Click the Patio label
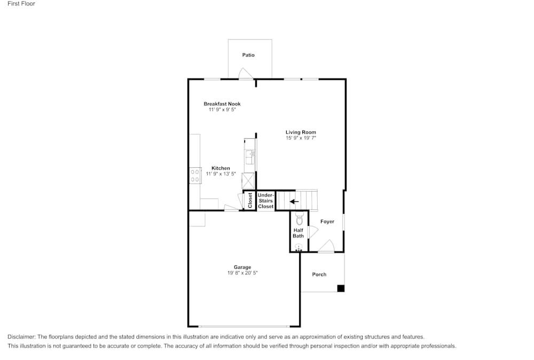click(248, 55)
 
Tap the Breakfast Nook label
click(222, 104)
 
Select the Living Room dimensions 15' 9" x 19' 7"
click(301, 138)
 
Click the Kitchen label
click(221, 168)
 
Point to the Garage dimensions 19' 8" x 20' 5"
click(242, 273)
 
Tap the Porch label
click(319, 275)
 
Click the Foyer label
click(327, 221)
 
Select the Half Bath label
click(298, 233)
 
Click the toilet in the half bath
click(299, 218)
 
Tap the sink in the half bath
click(299, 247)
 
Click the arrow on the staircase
click(294, 202)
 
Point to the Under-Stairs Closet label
click(265, 201)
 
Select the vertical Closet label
click(250, 200)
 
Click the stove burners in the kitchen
click(194, 176)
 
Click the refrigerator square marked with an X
click(249, 181)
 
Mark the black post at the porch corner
click(341, 288)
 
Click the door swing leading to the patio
click(245, 74)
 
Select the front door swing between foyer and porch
click(326, 246)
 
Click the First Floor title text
click(21, 4)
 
